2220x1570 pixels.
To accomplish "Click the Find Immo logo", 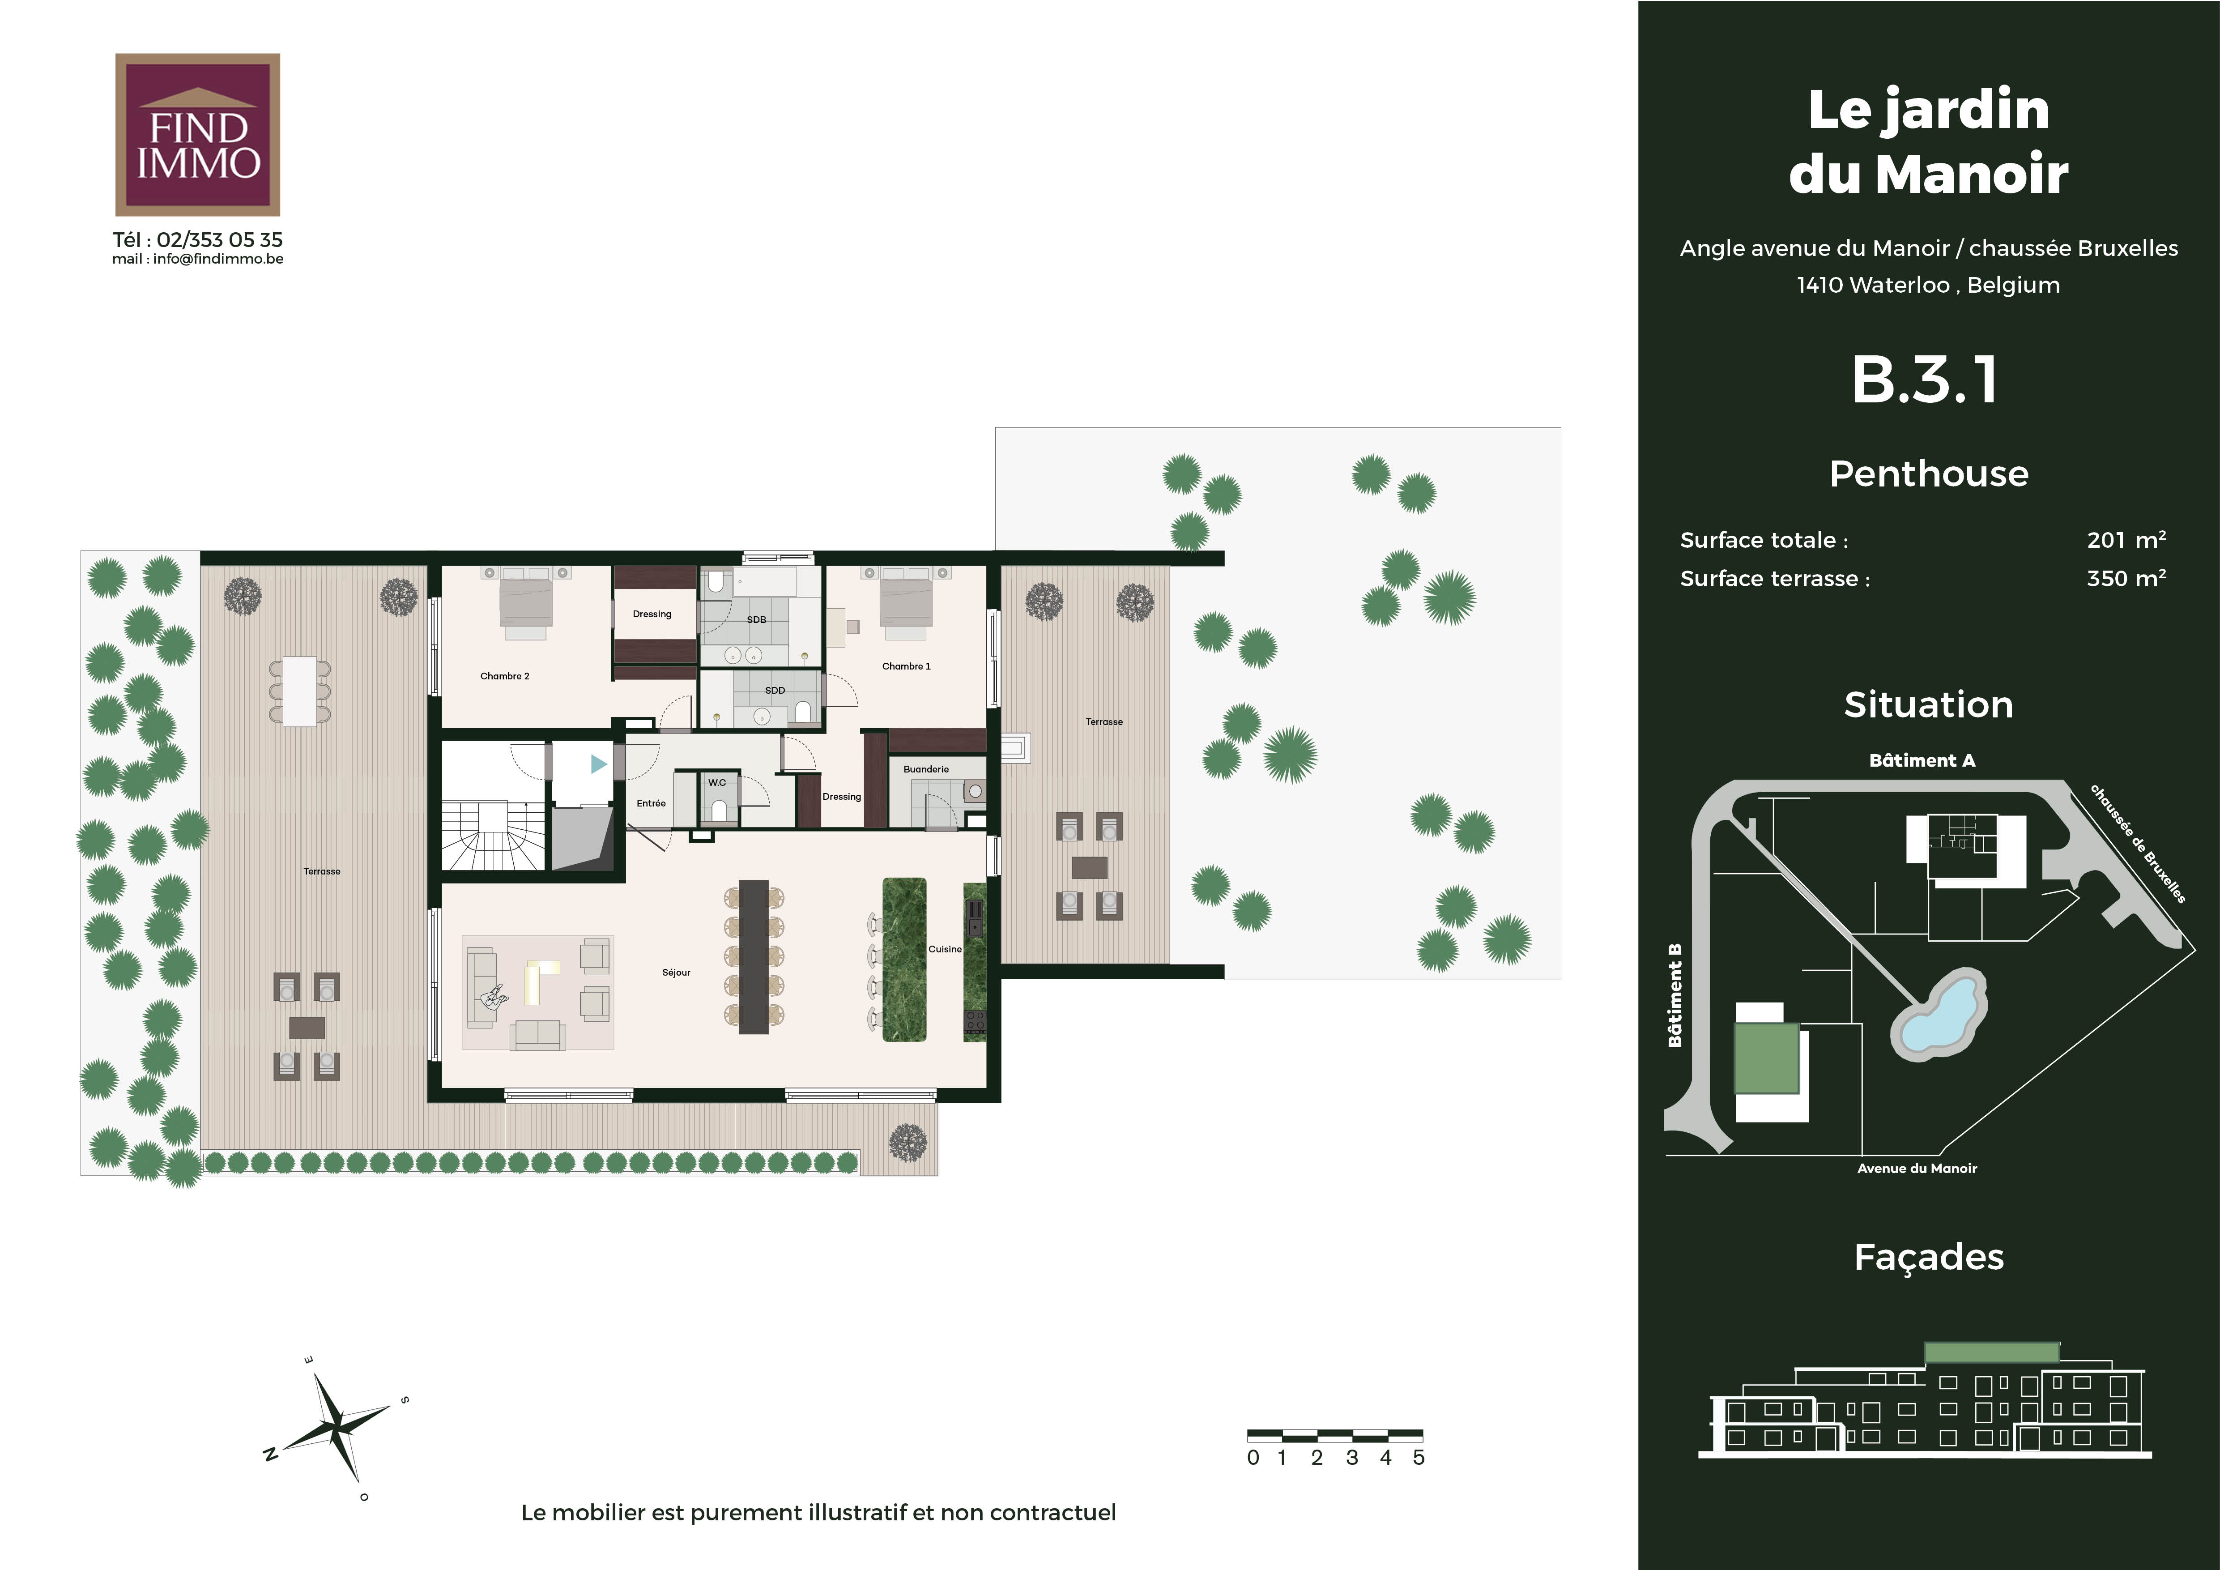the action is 197,134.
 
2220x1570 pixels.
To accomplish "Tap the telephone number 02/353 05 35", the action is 219,240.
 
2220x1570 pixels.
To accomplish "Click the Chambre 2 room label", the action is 505,676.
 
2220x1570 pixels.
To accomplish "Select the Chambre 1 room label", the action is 906,666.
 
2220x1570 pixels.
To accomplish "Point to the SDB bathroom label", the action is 756,620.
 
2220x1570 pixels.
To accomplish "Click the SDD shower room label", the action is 775,690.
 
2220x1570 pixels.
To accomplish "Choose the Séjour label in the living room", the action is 676,973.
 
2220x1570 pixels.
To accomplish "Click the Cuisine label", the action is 945,949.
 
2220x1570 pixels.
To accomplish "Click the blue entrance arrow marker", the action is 598,764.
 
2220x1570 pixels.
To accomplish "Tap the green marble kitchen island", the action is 904,959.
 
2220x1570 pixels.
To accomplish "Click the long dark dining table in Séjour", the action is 753,956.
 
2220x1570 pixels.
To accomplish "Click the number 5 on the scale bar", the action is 1419,1457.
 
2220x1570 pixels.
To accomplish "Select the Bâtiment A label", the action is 1922,760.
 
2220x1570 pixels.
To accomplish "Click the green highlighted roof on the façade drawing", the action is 1992,1352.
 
